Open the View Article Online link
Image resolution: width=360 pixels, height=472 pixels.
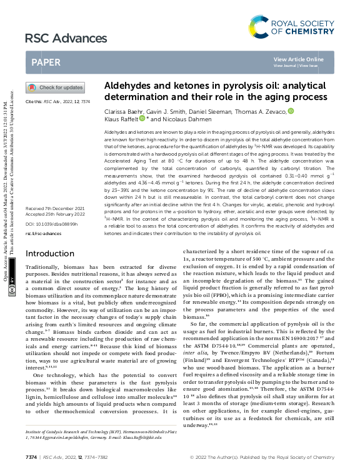[x=299, y=59]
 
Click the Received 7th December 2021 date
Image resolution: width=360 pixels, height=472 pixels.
[x=54, y=208]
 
